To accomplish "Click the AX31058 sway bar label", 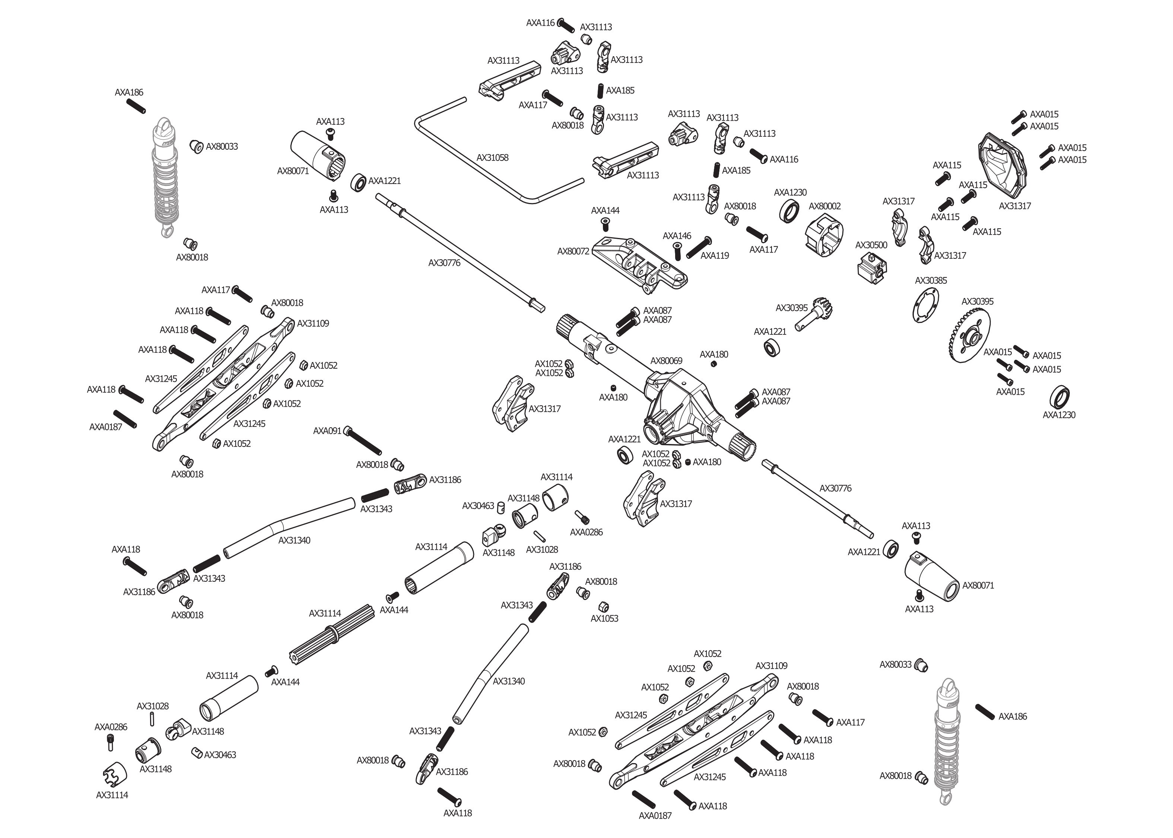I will pyautogui.click(x=492, y=158).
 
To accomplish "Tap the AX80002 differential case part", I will pyautogui.click(x=824, y=234).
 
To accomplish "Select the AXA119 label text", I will pyautogui.click(x=715, y=256).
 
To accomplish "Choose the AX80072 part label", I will pyautogui.click(x=573, y=252).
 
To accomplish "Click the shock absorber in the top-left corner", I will pyautogui.click(x=165, y=175).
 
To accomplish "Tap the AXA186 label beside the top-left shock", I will pyautogui.click(x=129, y=93).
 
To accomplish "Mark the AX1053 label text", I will pyautogui.click(x=604, y=619).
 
